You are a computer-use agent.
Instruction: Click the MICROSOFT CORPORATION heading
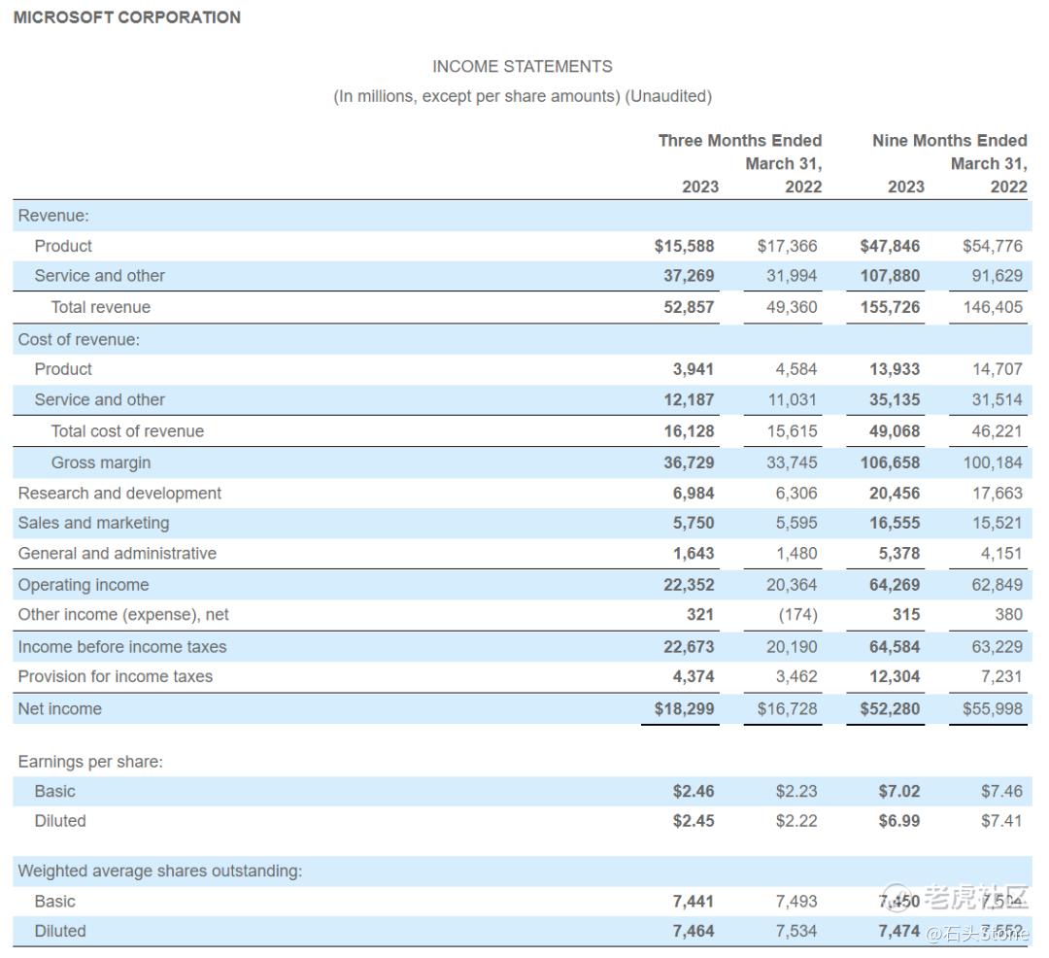(127, 17)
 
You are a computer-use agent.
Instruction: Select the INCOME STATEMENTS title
(522, 66)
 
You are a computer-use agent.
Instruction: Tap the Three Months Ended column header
(739, 141)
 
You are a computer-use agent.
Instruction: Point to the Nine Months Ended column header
(949, 141)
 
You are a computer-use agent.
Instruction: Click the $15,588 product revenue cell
(684, 247)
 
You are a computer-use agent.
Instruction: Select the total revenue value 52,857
(689, 307)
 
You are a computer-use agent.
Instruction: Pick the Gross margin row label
(101, 462)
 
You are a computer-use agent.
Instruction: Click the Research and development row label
(119, 494)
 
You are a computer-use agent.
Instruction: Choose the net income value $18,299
(684, 709)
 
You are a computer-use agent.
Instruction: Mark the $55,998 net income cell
(992, 709)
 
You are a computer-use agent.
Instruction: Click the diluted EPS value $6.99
(898, 821)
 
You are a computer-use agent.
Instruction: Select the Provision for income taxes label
(115, 677)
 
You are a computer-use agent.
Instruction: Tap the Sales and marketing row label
(93, 524)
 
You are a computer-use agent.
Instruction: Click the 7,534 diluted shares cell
(796, 931)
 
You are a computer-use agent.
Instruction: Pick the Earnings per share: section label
(90, 762)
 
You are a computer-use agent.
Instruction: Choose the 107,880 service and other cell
(890, 276)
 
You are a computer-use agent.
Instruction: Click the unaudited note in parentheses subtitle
(523, 96)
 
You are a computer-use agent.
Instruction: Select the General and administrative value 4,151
(997, 554)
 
